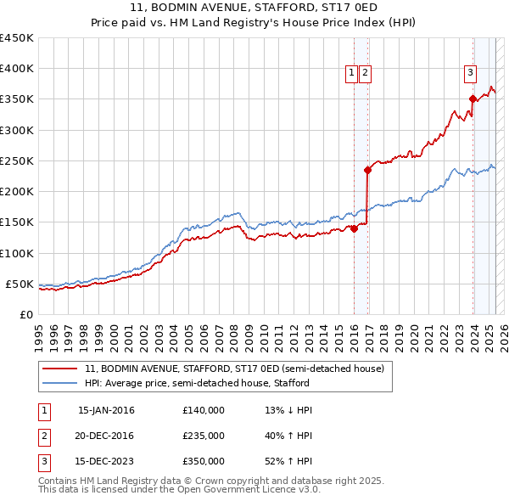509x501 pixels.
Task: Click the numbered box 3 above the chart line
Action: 469,73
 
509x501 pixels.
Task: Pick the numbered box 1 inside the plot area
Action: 350,73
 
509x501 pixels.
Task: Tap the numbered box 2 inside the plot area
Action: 365,73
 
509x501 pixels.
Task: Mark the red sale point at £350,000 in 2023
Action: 473,99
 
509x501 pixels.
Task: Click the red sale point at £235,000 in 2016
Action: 368,170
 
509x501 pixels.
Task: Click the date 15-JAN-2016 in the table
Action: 106,410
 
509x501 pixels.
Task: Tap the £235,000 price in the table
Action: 204,436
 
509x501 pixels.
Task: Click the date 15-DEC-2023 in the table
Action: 106,461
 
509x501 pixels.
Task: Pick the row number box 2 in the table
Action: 42,436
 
